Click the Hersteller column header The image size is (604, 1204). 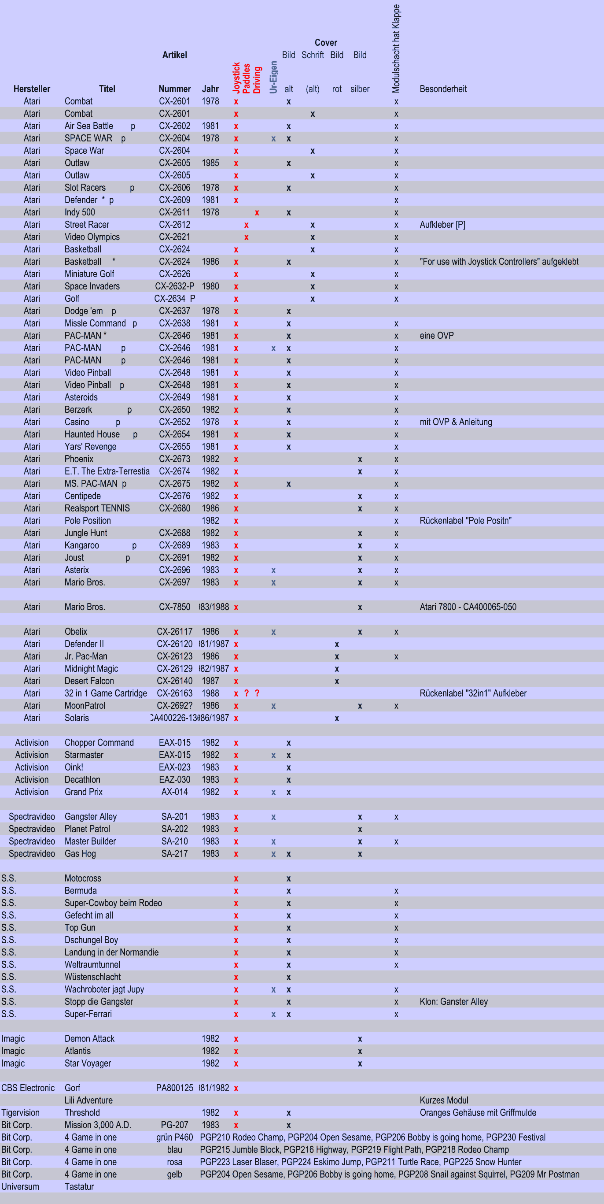32,89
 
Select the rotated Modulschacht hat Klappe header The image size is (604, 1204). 396,48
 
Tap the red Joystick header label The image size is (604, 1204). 236,77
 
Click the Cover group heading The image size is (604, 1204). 326,43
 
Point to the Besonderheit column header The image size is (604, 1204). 443,89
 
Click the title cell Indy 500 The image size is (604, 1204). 80,212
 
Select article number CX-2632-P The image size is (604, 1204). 175,286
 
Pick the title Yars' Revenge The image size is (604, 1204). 91,446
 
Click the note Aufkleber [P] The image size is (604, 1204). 442,224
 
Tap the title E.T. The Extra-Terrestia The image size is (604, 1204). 107,471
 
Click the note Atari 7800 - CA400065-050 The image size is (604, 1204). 468,607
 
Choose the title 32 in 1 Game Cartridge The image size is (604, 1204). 106,693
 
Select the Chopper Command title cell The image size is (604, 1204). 99,743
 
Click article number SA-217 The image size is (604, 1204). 175,853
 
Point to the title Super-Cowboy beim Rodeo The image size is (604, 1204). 113,903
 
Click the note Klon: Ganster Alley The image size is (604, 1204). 453,1002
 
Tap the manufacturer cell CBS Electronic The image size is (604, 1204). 28,1088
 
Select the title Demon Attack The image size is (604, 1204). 89,1038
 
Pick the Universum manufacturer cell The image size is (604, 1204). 20,1186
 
